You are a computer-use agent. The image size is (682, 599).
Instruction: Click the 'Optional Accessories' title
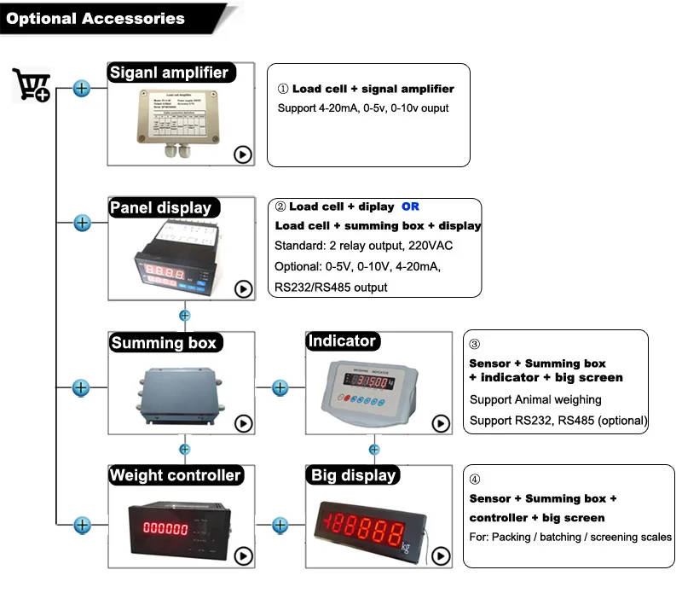95,18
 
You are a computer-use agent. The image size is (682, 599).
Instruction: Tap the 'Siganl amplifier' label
169,73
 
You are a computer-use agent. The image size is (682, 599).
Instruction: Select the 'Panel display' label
159,207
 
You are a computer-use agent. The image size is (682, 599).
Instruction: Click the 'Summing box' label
164,343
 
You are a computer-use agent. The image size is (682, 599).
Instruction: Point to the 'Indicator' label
341,341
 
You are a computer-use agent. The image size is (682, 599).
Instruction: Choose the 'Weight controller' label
176,475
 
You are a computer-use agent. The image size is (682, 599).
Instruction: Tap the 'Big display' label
353,475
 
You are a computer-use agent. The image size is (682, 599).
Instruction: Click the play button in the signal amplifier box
243,154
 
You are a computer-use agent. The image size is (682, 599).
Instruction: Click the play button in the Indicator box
441,423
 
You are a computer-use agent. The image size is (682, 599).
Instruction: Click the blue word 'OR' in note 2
410,206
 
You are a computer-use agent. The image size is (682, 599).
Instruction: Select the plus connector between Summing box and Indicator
280,387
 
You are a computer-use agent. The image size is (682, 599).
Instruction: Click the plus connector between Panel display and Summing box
185,316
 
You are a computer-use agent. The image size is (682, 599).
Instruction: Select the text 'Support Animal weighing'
535,399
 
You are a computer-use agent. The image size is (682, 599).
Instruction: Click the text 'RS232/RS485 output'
331,288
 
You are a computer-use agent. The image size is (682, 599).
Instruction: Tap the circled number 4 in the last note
475,480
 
